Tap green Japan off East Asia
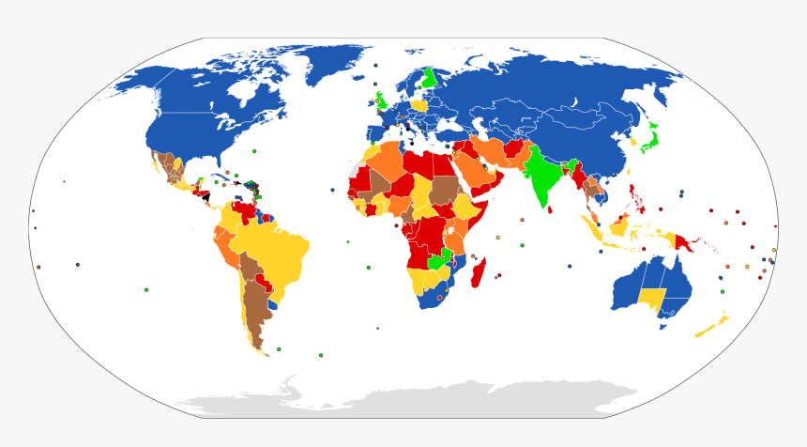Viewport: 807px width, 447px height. (x=648, y=141)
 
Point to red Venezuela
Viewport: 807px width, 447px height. (x=245, y=208)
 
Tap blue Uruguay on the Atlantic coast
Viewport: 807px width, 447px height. (x=273, y=304)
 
